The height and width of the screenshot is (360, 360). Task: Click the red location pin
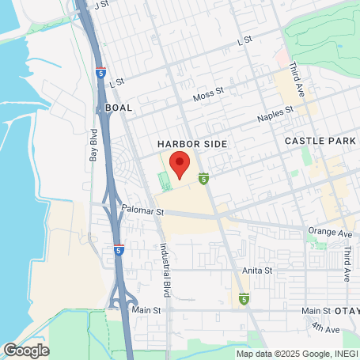pos(180,165)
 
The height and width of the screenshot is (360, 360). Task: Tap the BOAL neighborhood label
pos(119,107)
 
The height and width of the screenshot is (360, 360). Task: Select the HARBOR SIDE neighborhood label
pos(191,144)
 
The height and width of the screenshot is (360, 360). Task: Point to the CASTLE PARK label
pos(316,140)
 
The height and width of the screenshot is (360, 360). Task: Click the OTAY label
pos(345,311)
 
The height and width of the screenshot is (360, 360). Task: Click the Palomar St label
pos(142,212)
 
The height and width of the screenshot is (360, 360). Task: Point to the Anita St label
pos(257,270)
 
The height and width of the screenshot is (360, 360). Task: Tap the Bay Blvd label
pos(93,148)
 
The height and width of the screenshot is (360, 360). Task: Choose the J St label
pos(100,5)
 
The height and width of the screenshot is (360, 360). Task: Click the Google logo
pos(26,350)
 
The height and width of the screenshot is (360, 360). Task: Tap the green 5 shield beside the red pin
pos(203,179)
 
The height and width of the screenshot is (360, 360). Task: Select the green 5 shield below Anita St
pos(244,299)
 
